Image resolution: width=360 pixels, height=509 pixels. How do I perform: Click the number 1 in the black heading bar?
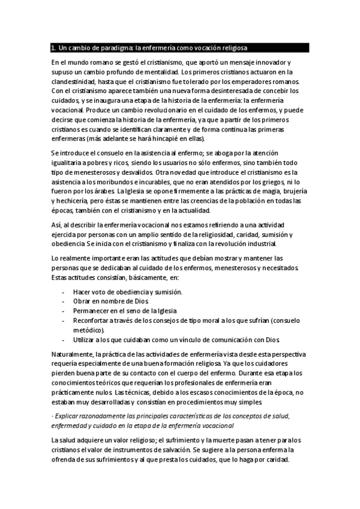point(53,47)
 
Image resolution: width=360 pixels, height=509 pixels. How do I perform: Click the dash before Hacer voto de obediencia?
point(64,292)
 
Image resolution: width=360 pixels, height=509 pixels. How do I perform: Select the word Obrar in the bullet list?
point(82,302)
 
